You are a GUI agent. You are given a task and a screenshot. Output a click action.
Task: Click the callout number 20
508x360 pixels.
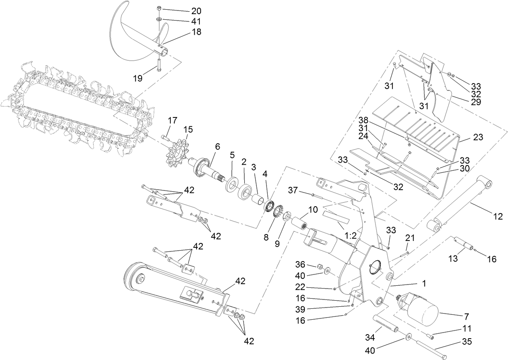coord(196,11)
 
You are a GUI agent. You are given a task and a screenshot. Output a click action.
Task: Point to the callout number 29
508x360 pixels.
coord(476,102)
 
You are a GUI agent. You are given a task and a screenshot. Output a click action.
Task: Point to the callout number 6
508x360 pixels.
coord(217,147)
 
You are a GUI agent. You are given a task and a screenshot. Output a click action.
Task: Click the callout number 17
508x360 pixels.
coord(172,120)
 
